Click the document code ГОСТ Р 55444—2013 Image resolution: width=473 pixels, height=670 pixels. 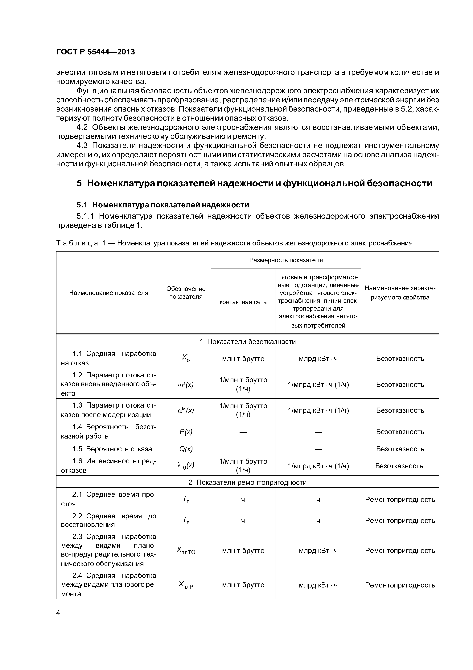95,52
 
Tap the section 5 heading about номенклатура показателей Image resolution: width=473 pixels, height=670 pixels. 254,183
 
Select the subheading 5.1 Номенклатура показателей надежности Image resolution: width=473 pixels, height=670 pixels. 163,205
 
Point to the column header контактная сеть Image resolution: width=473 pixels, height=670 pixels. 243,302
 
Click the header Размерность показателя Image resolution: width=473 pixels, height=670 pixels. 286,260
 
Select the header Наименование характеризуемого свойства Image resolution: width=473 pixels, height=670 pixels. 400,293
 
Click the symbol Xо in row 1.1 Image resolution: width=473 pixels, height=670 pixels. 186,358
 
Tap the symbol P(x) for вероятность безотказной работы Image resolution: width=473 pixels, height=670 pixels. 186,432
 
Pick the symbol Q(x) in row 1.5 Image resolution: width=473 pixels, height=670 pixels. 186,449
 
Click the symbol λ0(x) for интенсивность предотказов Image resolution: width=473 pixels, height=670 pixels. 186,465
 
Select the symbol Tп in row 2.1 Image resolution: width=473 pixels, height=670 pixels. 186,500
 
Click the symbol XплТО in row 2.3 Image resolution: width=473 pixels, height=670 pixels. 186,551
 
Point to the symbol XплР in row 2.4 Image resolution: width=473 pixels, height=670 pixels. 186,585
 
